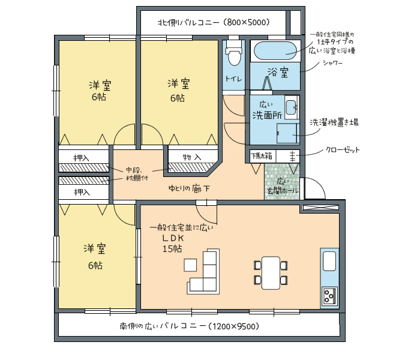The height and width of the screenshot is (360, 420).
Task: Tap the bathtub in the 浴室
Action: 275,51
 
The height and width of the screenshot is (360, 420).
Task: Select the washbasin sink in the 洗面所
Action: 291,107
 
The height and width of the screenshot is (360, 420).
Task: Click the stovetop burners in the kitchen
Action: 329,295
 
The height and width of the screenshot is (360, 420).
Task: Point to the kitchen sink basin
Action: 329,261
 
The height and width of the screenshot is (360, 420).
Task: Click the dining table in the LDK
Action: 271,272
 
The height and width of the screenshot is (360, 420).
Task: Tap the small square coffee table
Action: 190,265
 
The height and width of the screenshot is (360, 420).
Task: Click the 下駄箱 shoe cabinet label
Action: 261,156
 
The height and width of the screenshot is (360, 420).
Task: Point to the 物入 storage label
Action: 192,157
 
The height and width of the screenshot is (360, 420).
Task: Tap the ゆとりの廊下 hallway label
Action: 189,188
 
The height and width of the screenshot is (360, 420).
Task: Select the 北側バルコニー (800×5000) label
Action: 214,22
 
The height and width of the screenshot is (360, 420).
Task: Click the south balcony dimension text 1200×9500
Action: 234,326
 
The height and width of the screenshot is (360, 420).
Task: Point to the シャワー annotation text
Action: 332,63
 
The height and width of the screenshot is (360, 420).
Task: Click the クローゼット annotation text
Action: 343,150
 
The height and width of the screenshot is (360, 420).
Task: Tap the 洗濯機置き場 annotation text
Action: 334,122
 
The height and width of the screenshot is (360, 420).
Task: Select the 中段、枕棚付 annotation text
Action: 137,174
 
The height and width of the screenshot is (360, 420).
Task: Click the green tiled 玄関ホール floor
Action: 282,182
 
